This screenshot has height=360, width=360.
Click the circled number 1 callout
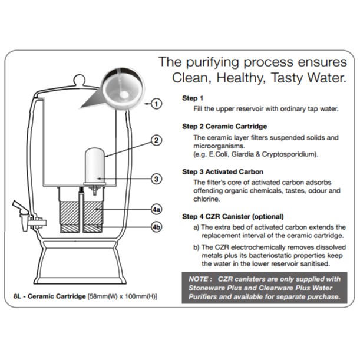(x=156, y=104)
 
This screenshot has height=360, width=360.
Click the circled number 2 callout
(x=156, y=140)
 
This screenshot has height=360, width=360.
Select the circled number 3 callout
(x=156, y=179)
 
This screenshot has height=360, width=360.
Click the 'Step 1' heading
(x=192, y=98)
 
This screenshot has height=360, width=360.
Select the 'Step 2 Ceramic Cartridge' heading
(x=224, y=126)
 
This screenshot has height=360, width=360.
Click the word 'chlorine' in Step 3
(x=207, y=200)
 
